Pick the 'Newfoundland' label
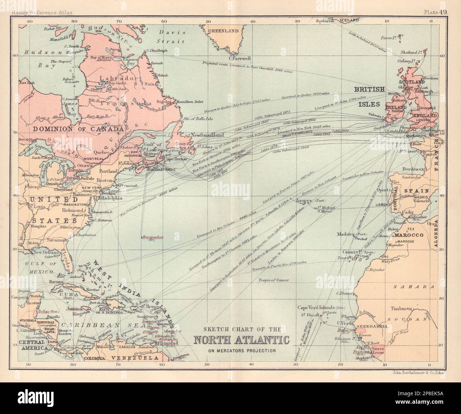[x=207, y=135]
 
